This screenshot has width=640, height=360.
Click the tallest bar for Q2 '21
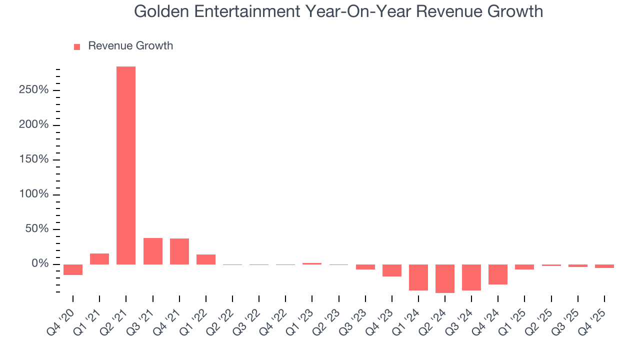[126, 165]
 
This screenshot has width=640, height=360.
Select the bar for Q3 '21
[153, 251]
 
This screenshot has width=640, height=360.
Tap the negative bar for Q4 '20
[73, 269]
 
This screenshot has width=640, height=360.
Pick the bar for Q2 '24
[445, 278]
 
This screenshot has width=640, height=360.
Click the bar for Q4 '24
[498, 274]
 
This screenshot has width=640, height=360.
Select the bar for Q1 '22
[206, 259]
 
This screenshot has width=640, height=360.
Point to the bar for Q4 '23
[392, 270]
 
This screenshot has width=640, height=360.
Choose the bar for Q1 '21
[99, 259]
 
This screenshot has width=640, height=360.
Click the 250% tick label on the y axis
[34, 90]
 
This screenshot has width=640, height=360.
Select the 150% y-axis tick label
[34, 159]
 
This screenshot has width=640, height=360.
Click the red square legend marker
[77, 46]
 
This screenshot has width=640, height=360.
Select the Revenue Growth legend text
[130, 46]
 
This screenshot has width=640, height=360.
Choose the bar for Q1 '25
[524, 267]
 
